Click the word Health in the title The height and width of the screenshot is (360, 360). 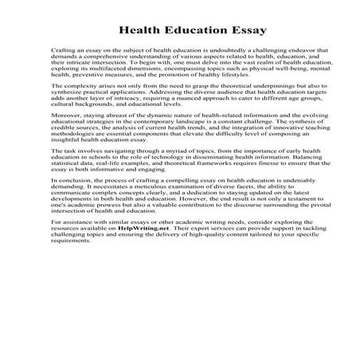click(140, 31)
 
